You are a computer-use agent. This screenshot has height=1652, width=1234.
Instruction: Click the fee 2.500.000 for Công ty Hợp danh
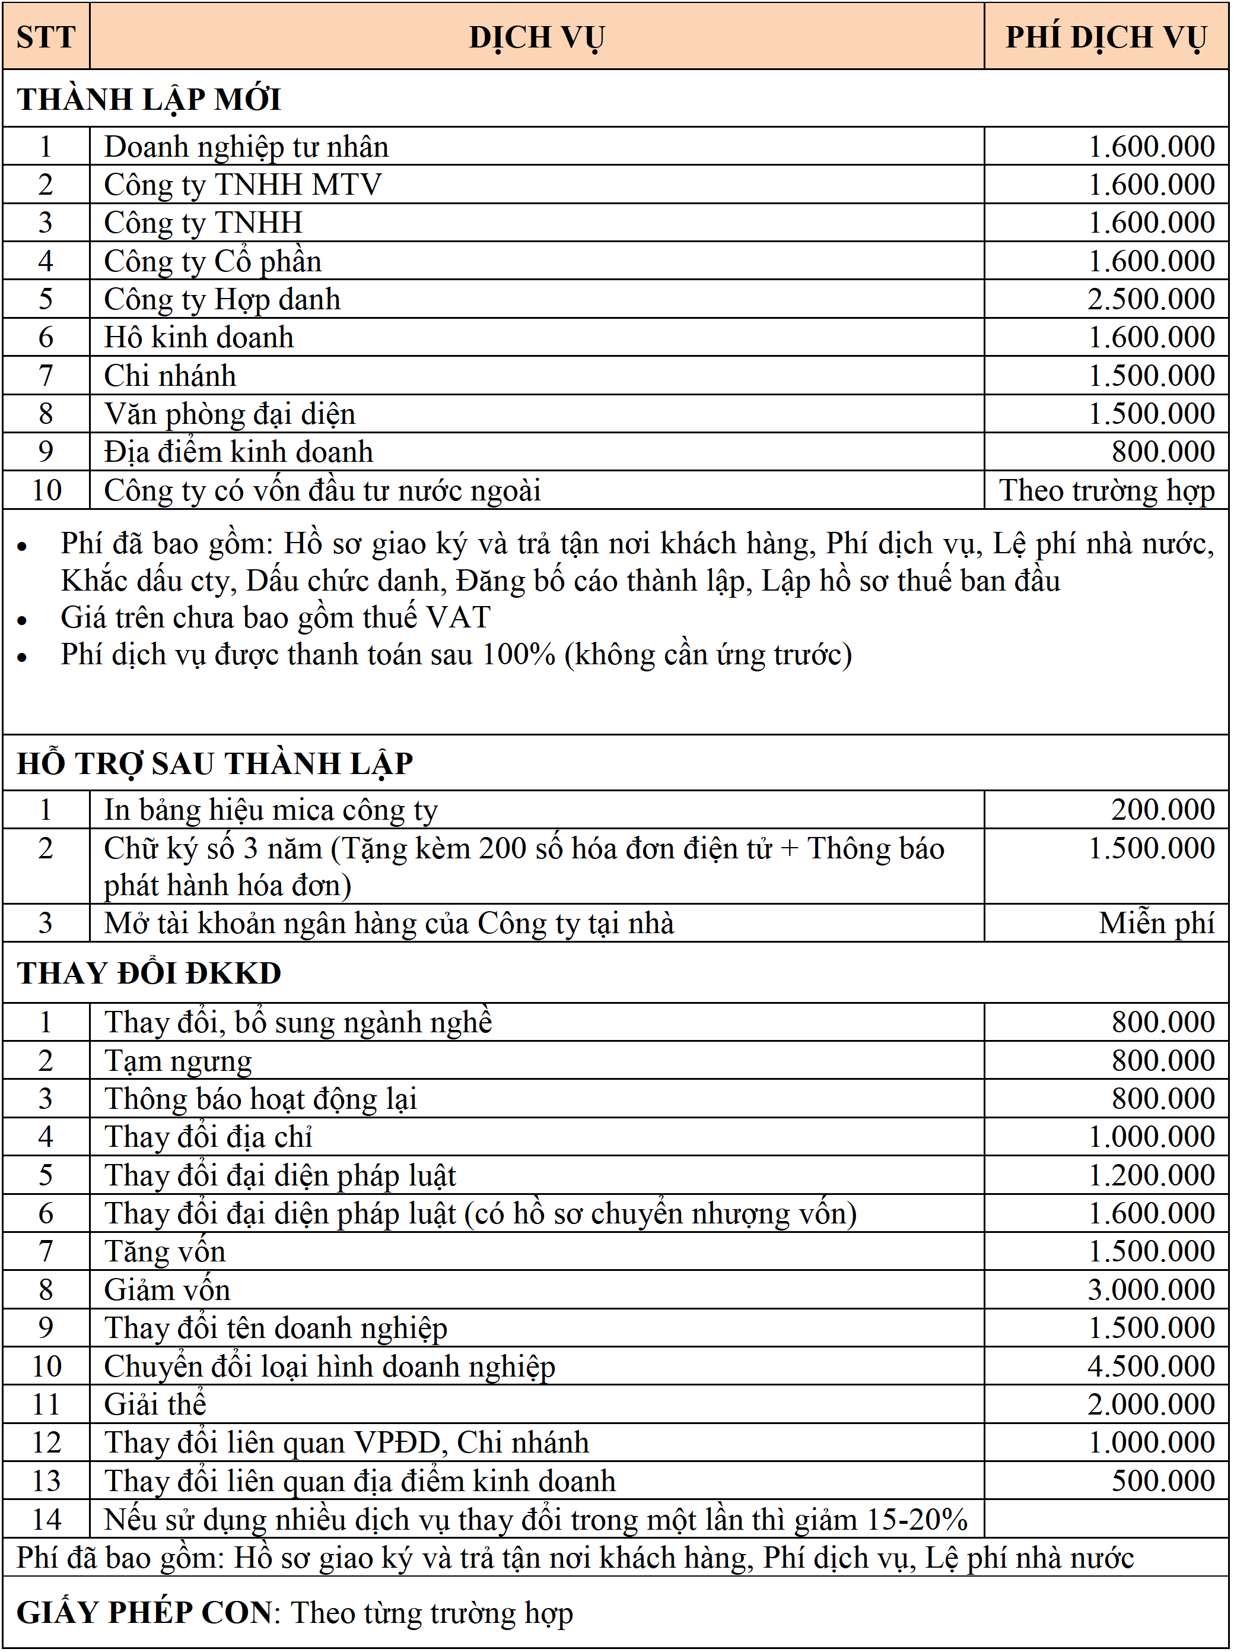[1150, 299]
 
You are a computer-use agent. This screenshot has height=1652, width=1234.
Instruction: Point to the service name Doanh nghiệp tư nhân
[246, 147]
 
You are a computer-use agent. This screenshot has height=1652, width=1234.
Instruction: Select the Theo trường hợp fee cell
[1106, 490]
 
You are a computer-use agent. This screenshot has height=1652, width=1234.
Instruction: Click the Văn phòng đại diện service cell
[230, 414]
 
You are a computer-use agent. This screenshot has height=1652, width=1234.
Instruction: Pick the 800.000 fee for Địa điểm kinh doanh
[1162, 452]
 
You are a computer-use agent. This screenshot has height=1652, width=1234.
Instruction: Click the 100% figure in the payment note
[518, 654]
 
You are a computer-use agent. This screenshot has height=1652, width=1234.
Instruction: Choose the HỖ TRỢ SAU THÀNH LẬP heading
[215, 763]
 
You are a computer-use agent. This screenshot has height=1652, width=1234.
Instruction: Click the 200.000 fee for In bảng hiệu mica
[1162, 810]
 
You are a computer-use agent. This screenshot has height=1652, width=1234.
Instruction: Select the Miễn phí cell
[1156, 924]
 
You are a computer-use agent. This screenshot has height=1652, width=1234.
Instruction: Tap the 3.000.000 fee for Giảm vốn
[1150, 1290]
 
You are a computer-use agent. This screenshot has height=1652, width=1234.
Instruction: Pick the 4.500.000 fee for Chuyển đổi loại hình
[1150, 1366]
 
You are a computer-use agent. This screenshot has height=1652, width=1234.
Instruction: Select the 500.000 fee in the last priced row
[1162, 1481]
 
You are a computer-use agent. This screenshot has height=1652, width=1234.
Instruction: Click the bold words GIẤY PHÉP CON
[144, 1612]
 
